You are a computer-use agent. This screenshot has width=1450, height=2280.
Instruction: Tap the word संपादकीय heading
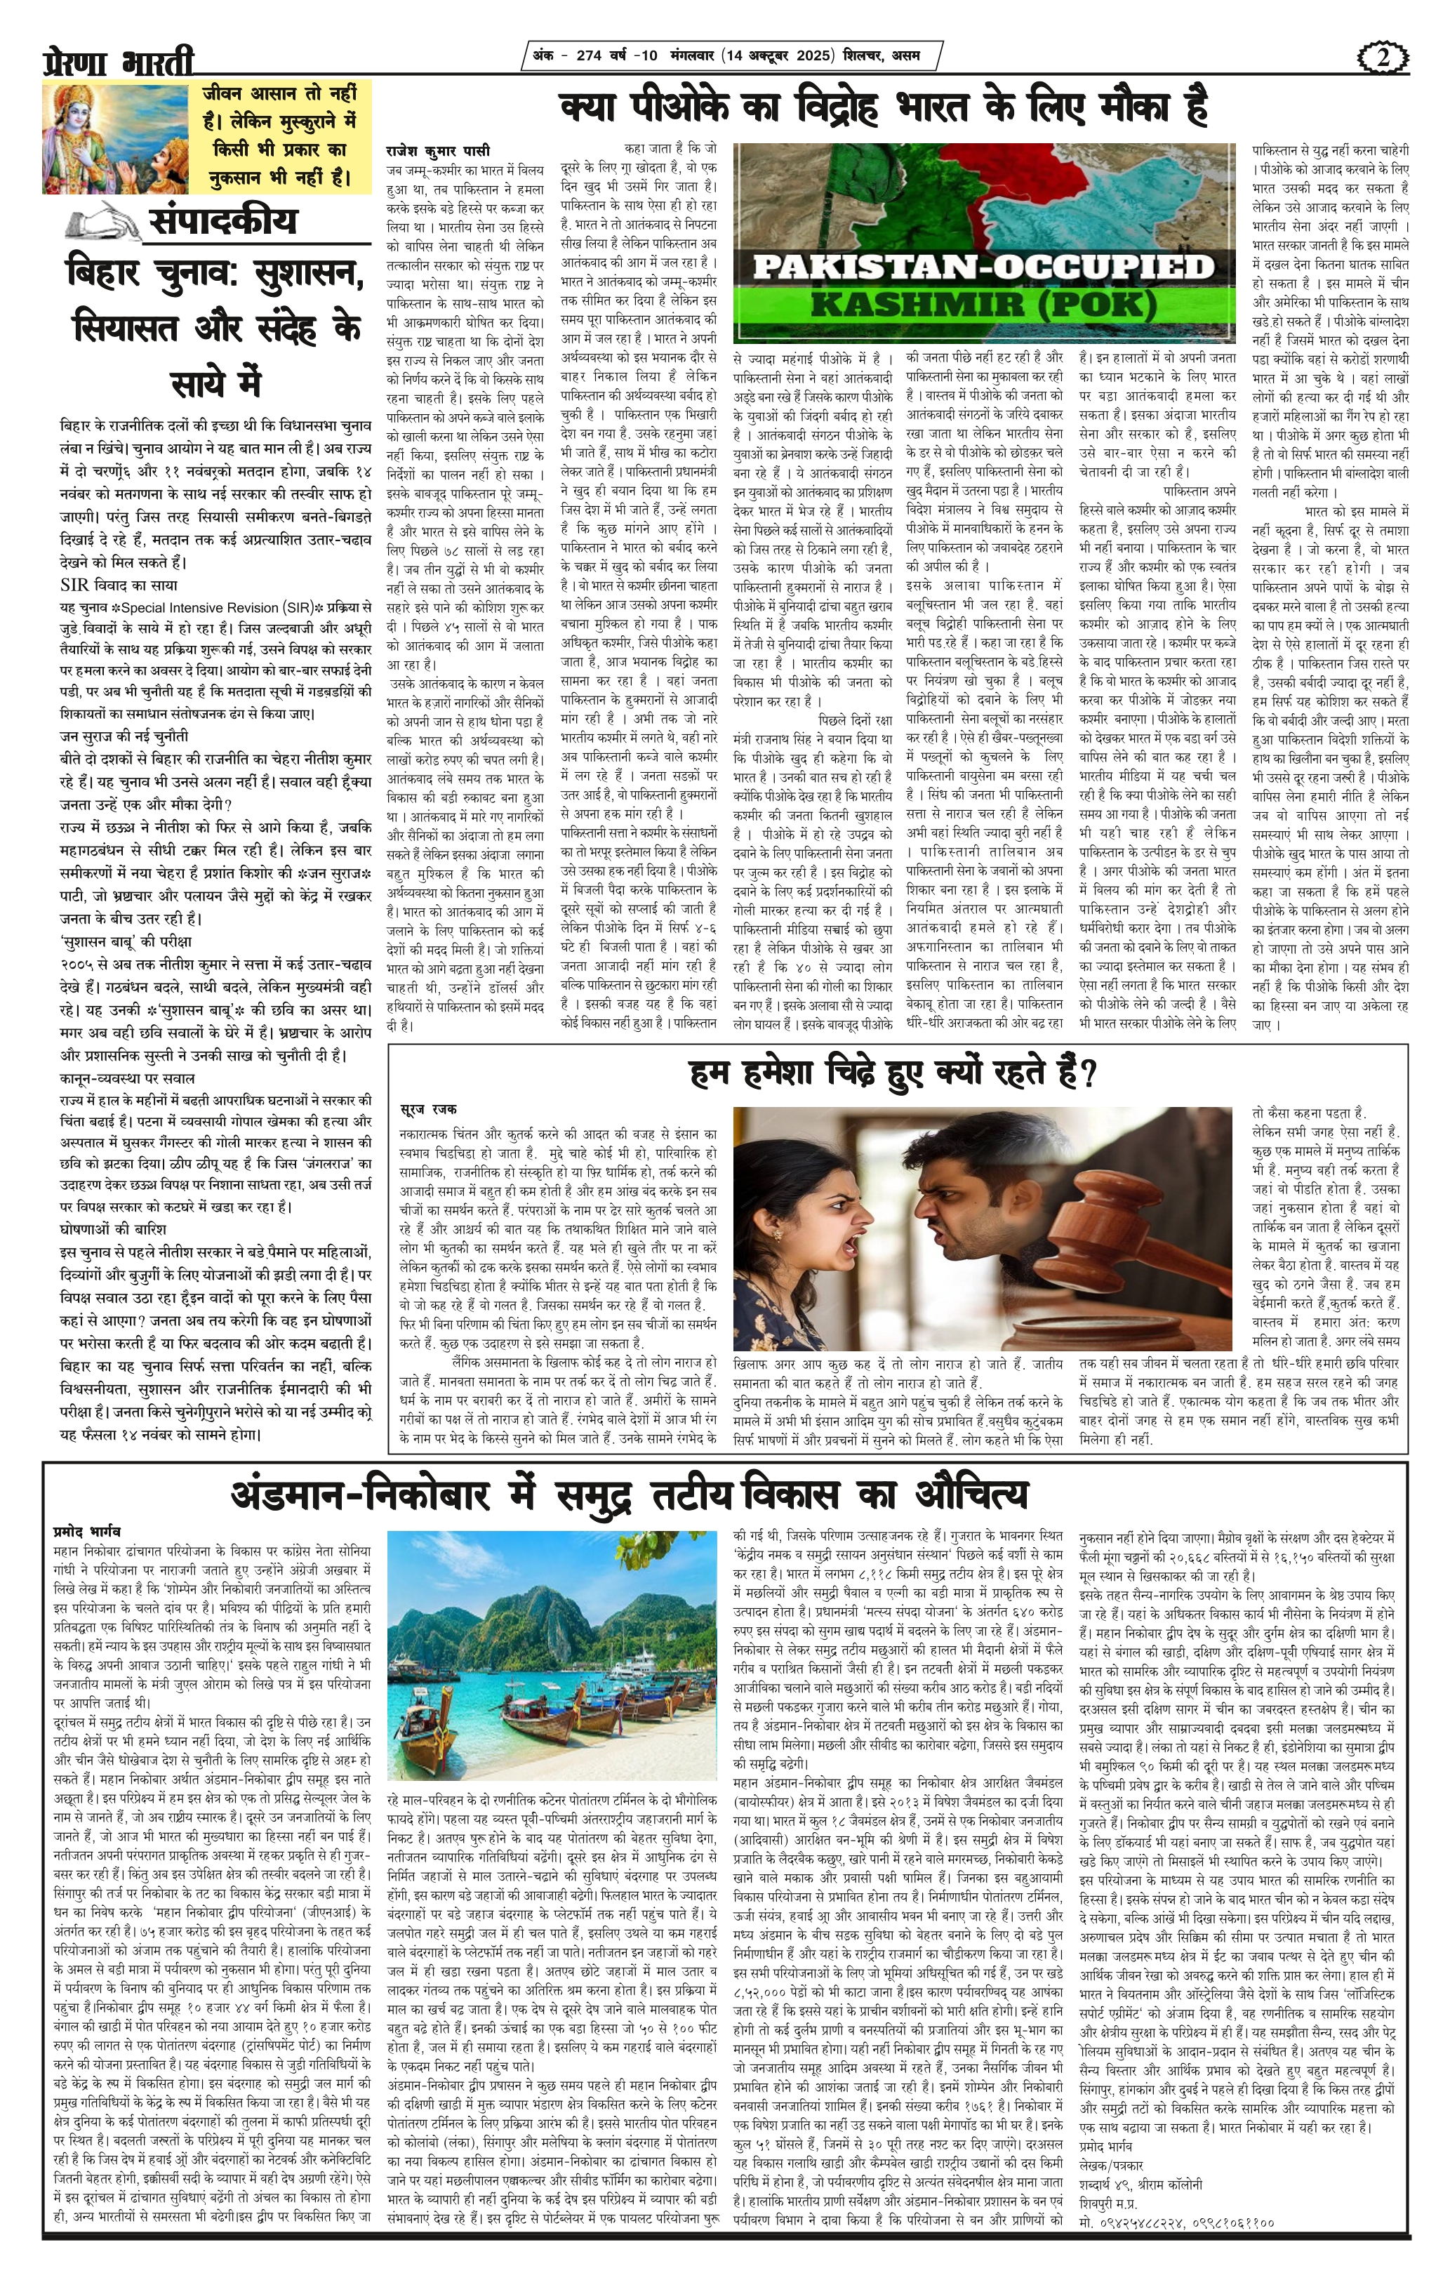[x=222, y=220]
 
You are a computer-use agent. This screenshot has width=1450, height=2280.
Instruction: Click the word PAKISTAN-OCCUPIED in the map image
[x=983, y=266]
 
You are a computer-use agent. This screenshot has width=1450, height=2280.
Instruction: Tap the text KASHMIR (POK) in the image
[x=983, y=305]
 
